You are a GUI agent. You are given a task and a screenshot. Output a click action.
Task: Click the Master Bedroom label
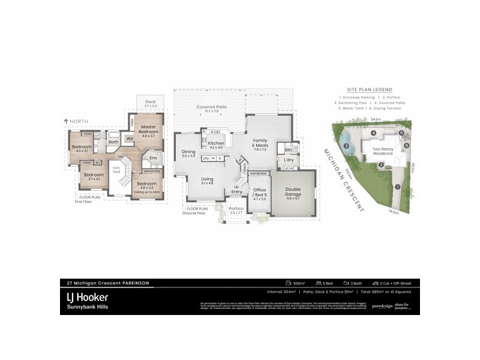click(148, 130)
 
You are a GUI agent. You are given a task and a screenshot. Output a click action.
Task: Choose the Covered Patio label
click(211, 107)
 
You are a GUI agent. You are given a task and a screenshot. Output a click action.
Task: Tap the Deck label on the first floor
click(150, 102)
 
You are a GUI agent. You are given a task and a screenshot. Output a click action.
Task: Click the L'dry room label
click(288, 160)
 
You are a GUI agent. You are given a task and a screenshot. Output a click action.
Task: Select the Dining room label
click(188, 152)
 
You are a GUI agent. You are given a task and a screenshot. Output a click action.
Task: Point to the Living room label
click(207, 179)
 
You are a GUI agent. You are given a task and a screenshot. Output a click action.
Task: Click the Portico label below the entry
click(236, 208)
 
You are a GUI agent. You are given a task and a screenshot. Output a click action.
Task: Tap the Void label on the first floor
click(116, 170)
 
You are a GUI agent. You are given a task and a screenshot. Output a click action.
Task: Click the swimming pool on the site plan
click(349, 144)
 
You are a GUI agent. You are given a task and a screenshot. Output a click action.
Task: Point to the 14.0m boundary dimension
click(394, 211)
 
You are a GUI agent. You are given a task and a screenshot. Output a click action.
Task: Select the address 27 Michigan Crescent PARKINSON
click(107, 283)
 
